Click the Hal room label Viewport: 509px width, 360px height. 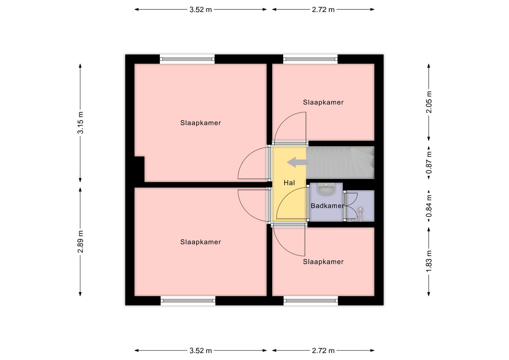[289, 183]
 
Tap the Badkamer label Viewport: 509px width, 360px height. [327, 206]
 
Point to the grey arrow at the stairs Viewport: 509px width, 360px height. [298, 162]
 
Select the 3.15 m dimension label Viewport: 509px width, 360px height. [81, 123]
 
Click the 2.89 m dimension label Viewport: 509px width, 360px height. [81, 242]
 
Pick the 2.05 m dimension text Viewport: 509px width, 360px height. [429, 102]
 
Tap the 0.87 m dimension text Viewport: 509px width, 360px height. [429, 162]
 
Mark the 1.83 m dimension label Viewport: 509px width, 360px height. [429, 261]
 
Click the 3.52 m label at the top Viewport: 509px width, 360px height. [201, 10]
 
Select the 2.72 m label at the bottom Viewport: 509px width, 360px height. [323, 351]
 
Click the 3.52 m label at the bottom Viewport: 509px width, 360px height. [201, 351]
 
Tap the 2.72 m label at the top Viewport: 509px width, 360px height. [323, 10]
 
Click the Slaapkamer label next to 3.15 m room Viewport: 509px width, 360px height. [201, 123]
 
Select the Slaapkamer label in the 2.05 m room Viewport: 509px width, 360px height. [323, 102]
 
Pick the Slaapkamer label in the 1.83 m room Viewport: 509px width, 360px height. [323, 262]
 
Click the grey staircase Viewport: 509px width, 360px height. [340, 163]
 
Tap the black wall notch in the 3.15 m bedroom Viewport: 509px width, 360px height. [139, 169]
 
